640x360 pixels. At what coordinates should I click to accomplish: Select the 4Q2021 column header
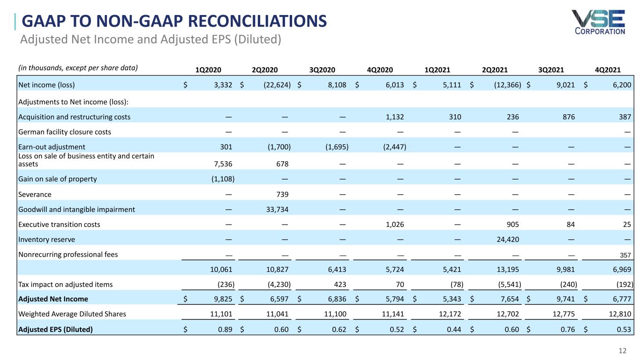coord(608,70)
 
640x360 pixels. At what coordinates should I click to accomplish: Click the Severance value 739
coord(281,194)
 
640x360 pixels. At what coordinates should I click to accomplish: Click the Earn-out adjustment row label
coord(52,147)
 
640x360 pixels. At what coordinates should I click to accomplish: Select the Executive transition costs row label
coord(59,225)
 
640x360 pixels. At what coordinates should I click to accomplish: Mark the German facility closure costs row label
coord(65,132)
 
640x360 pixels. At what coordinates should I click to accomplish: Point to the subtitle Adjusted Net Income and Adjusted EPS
coord(150,39)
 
